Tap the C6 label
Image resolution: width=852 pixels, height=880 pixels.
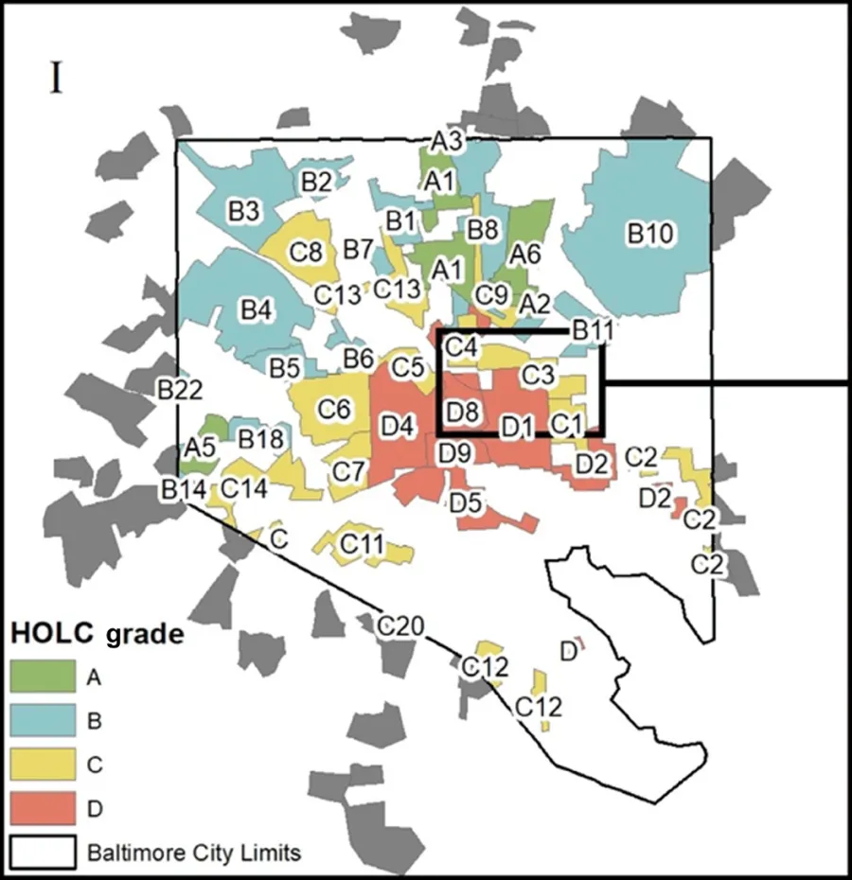pos(334,409)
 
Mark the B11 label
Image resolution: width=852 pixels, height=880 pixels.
pos(593,331)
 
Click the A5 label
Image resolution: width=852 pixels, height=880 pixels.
pos(200,446)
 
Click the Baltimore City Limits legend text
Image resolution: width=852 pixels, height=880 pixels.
pos(194,853)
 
